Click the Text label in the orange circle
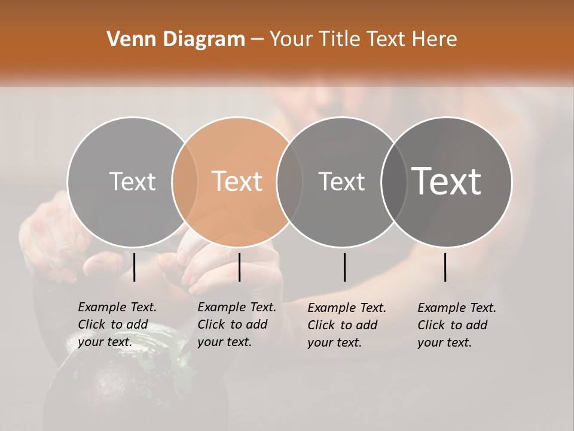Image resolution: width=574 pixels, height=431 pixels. pyautogui.click(x=237, y=181)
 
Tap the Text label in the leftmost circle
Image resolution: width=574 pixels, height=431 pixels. pyautogui.click(x=132, y=181)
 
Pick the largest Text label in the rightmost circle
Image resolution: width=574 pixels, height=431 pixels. pyautogui.click(x=447, y=181)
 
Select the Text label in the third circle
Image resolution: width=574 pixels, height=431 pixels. pyautogui.click(x=342, y=181)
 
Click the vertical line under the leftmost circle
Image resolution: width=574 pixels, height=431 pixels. pyautogui.click(x=134, y=267)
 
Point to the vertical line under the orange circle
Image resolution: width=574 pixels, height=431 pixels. pyautogui.click(x=239, y=267)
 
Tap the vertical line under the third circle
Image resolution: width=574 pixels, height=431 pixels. pyautogui.click(x=344, y=267)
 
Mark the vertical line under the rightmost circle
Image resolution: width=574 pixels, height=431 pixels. pyautogui.click(x=445, y=267)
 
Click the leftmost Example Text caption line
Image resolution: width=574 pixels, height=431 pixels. pyautogui.click(x=117, y=307)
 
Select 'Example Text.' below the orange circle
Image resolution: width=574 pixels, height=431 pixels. pyautogui.click(x=237, y=307)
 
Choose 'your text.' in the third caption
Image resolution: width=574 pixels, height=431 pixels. pyautogui.click(x=335, y=342)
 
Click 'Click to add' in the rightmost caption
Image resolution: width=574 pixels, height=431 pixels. pyautogui.click(x=453, y=325)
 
